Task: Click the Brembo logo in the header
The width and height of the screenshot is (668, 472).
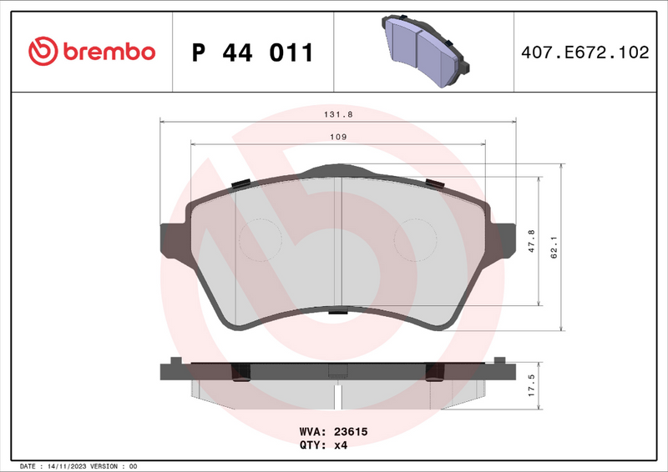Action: pyautogui.click(x=92, y=52)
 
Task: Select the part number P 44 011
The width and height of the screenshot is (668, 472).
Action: pyautogui.click(x=252, y=53)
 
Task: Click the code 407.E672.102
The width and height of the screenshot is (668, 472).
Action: pyautogui.click(x=584, y=53)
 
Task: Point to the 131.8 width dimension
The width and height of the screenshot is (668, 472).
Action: pyautogui.click(x=337, y=116)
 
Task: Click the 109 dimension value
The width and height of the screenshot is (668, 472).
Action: pyautogui.click(x=337, y=137)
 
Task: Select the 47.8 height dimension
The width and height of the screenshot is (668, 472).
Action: pyautogui.click(x=532, y=240)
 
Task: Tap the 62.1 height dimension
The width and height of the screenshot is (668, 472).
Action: pyautogui.click(x=553, y=248)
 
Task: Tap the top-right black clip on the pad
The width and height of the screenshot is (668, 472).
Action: pyautogui.click(x=435, y=183)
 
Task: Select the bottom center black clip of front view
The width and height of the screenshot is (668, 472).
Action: pyautogui.click(x=337, y=313)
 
